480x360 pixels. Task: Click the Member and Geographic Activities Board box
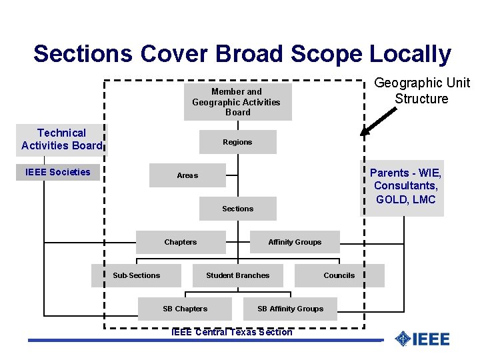coord(237,102)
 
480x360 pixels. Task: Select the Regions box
coord(237,142)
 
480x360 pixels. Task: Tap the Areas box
coord(187,175)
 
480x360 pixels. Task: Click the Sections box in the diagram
coord(237,209)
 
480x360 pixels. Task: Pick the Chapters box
coord(181,242)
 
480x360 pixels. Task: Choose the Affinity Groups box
coord(294,242)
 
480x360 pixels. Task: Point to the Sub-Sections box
coord(137,275)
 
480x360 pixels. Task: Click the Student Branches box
coord(237,275)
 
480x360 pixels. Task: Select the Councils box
coord(339,275)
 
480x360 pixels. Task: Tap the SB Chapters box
coord(185,309)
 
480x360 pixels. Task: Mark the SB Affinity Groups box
coord(290,309)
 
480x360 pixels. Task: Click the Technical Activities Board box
coord(61,139)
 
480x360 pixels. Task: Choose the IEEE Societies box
coord(57,172)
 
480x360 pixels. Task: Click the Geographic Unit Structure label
coord(421,91)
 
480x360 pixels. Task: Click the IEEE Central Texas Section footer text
coord(232,332)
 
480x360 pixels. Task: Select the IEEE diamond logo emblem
coord(402,339)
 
